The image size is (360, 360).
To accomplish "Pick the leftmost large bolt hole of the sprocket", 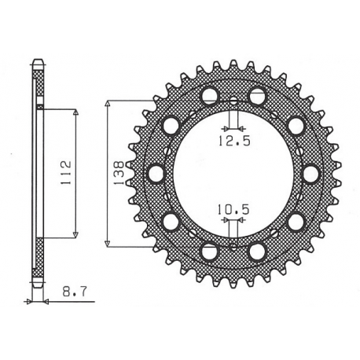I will pyautogui.click(x=156, y=173).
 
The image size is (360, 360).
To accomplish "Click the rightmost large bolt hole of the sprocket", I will pyautogui.click(x=311, y=173).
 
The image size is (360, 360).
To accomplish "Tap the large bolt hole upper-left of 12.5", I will pyautogui.click(x=209, y=96).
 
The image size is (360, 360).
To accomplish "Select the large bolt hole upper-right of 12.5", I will pyautogui.click(x=257, y=96).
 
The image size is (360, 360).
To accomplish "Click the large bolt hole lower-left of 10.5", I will pyautogui.click(x=209, y=251).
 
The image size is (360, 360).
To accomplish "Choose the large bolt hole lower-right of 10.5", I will pyautogui.click(x=257, y=251).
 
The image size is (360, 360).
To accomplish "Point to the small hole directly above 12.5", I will pyautogui.click(x=233, y=101).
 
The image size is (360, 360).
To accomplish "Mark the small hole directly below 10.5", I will pyautogui.click(x=233, y=246).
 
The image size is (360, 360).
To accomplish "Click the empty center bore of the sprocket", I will pyautogui.click(x=233, y=174).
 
